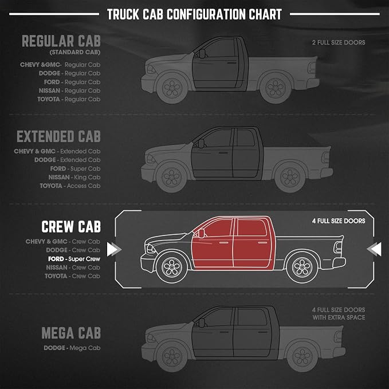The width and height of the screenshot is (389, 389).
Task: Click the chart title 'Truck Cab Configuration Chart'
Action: click(x=194, y=14)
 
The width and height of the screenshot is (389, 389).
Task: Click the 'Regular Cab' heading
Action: click(x=61, y=41)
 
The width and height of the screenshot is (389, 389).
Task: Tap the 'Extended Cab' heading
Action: click(x=58, y=136)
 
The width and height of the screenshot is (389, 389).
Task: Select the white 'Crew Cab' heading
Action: click(x=71, y=226)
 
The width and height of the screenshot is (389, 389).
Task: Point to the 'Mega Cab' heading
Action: click(x=71, y=333)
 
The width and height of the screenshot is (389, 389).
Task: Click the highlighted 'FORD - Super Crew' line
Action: click(x=74, y=259)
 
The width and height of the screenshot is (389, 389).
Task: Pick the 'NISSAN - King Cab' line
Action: click(x=74, y=178)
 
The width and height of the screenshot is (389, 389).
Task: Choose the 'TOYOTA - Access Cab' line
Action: click(x=70, y=186)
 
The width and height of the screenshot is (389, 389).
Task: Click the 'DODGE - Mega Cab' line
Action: click(x=72, y=348)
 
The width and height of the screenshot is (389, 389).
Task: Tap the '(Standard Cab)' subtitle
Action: click(x=75, y=52)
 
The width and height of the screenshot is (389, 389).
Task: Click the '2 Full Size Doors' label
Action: click(x=339, y=42)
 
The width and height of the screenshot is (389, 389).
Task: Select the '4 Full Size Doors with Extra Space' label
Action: click(x=339, y=313)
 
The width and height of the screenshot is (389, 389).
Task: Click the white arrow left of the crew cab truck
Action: click(x=114, y=249)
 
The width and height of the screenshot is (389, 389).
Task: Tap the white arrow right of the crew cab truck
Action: click(x=374, y=249)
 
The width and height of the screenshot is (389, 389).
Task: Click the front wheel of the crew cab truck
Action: click(x=171, y=267)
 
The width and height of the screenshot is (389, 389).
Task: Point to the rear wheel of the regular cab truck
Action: click(x=276, y=88)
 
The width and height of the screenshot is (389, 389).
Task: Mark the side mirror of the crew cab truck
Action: click(x=201, y=233)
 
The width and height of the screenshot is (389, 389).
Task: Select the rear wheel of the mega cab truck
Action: click(x=302, y=356)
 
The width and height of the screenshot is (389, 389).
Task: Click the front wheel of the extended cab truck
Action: click(x=171, y=177)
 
